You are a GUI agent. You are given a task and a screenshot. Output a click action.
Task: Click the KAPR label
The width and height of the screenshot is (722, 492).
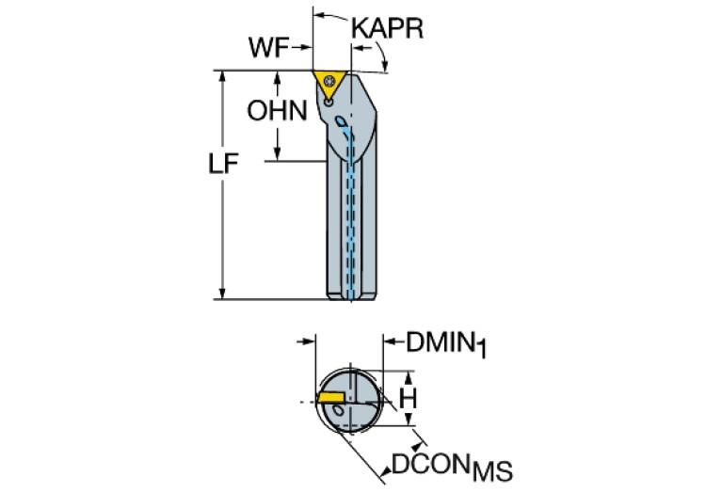pyautogui.click(x=387, y=27)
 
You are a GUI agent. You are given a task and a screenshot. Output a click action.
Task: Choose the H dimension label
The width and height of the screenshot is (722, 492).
pyautogui.click(x=408, y=399)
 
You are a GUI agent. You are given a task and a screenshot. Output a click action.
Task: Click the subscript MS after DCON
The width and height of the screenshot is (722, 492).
pyautogui.click(x=495, y=470)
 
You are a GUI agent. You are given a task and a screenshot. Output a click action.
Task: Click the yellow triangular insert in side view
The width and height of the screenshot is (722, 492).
pyautogui.click(x=329, y=81)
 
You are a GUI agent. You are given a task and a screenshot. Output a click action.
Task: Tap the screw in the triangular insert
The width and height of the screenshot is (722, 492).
pyautogui.click(x=329, y=83)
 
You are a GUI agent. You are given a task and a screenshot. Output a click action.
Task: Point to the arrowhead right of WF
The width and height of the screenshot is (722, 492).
pyautogui.click(x=307, y=47)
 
